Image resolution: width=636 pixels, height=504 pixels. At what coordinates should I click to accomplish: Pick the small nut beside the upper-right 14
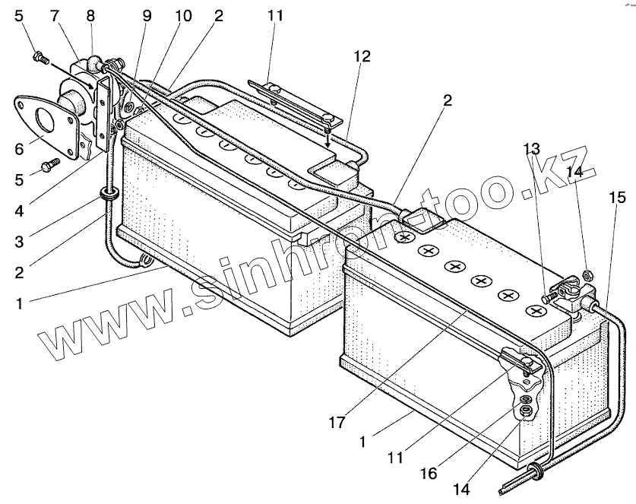pyautogui.click(x=588, y=274)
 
